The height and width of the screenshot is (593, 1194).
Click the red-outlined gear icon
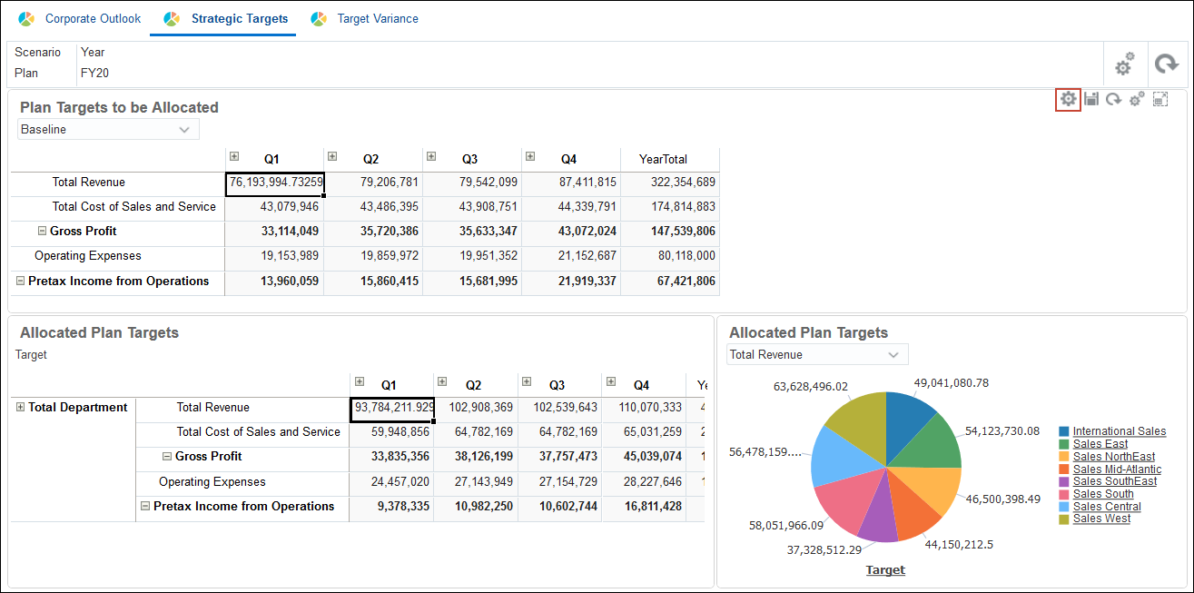[x=1068, y=99]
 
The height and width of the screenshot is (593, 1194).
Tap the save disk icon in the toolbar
[x=1091, y=99]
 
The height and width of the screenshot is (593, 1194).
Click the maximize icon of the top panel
[x=1159, y=99]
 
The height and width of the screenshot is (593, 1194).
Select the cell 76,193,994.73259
[x=275, y=183]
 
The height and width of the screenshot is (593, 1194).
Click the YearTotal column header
[x=663, y=159]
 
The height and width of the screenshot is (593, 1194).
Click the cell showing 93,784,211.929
[x=392, y=409]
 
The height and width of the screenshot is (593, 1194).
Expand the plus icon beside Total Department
[x=20, y=408]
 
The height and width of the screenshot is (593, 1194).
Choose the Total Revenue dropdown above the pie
[x=817, y=355]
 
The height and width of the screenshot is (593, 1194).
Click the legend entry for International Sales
[x=1119, y=431]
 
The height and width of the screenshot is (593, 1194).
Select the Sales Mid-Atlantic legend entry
[x=1117, y=469]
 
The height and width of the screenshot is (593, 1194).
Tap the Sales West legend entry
[x=1101, y=519]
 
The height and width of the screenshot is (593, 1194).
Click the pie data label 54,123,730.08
[x=1002, y=431]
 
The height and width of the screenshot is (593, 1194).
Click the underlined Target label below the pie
[x=885, y=570]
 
